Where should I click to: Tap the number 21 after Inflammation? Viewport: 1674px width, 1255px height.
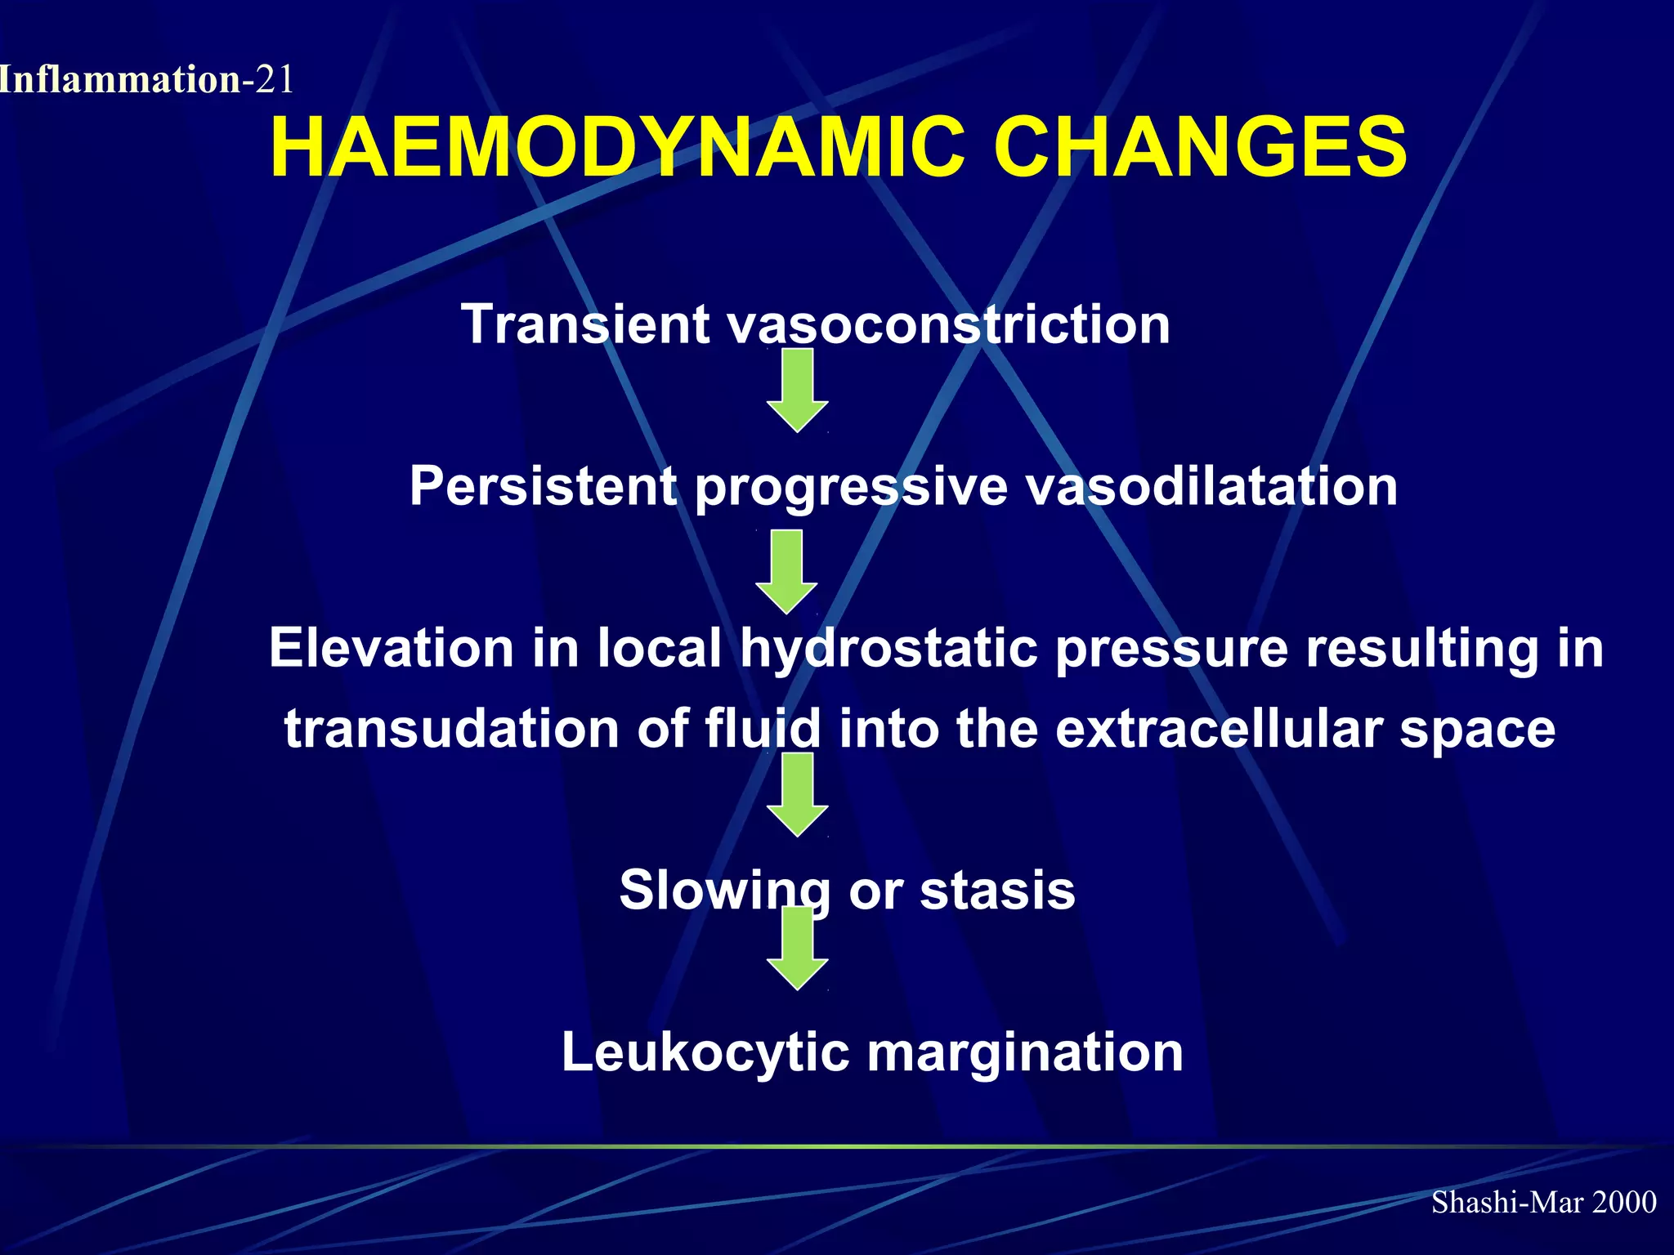point(274,80)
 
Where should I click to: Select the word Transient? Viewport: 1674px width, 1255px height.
point(585,324)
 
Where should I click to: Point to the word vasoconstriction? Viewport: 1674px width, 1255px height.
point(948,324)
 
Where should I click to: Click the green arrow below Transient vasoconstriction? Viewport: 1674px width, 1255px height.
point(798,390)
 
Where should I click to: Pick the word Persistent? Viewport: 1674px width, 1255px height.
point(544,486)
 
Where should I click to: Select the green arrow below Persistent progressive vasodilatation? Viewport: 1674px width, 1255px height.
point(786,571)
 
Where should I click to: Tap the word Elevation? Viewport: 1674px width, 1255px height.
point(392,648)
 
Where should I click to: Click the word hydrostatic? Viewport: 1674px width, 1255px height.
point(888,650)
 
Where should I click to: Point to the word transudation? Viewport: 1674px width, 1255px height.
point(452,729)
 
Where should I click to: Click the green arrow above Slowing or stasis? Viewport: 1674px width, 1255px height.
point(798,794)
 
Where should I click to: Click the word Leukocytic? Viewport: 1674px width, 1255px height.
point(705,1052)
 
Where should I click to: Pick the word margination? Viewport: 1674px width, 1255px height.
point(1025,1052)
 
